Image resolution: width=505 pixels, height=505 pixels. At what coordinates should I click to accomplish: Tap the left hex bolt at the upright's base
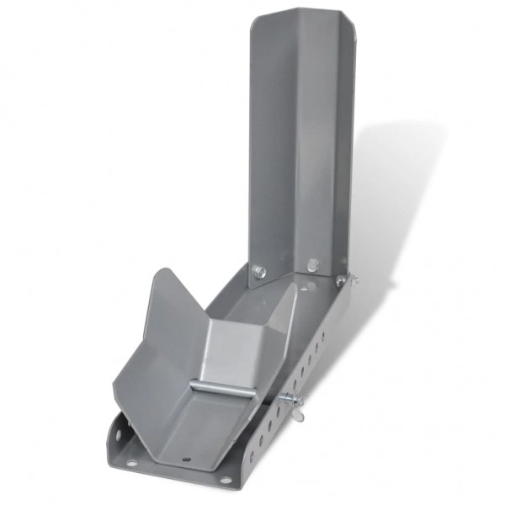[260, 272]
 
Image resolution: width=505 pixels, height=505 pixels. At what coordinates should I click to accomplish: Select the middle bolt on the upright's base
[312, 265]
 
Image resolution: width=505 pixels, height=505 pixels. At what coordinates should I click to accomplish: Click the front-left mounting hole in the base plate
[131, 464]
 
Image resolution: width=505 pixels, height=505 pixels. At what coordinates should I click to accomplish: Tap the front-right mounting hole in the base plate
[226, 480]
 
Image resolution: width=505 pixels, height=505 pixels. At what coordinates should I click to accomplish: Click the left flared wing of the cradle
[156, 337]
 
